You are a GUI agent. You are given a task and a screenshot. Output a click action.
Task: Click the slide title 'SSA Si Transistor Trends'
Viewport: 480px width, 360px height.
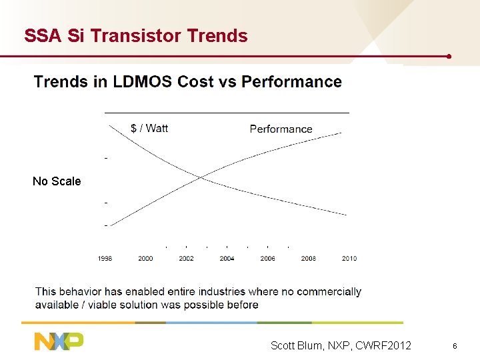[x=135, y=36]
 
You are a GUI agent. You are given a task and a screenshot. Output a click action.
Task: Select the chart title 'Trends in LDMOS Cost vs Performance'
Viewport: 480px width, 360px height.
[x=187, y=82]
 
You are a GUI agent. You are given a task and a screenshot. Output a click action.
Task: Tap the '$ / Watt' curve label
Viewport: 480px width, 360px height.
[x=149, y=128]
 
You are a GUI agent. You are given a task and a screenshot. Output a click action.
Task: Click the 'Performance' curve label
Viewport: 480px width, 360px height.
[x=281, y=129]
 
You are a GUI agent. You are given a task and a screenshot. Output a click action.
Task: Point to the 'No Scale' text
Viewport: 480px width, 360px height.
[x=57, y=181]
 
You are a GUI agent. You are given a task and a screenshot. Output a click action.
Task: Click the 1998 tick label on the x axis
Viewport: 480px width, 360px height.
[x=105, y=259]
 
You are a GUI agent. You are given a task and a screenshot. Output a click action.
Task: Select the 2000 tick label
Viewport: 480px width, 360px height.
[x=145, y=259]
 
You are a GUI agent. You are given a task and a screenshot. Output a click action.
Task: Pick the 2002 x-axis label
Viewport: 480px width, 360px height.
[x=186, y=259]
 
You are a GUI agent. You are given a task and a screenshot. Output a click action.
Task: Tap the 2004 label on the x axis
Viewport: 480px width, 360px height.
[x=227, y=259]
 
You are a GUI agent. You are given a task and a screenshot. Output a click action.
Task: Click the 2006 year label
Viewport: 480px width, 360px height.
[x=267, y=259]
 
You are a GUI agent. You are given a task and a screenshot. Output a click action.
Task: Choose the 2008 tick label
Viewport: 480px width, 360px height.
[x=308, y=259]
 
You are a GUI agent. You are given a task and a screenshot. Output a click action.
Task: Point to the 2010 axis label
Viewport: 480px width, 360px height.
[x=349, y=259]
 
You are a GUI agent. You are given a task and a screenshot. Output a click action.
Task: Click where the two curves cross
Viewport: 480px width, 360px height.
[x=201, y=177]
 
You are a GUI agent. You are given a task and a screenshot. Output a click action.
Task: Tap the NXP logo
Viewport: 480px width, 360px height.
[x=59, y=341]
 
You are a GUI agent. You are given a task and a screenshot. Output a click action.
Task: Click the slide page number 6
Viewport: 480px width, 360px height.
[x=454, y=346]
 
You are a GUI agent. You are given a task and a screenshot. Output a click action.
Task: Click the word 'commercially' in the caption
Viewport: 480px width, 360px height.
[x=329, y=291]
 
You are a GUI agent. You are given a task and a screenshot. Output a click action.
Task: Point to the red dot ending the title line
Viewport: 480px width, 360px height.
[x=450, y=56]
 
